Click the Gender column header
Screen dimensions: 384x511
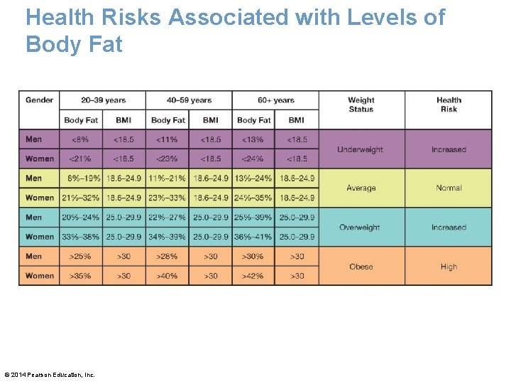coord(39,100)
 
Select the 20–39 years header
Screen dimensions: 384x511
coord(103,100)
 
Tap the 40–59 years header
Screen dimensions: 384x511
coord(189,100)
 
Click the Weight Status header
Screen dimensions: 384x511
coord(361,105)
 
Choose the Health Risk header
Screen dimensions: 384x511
coord(449,105)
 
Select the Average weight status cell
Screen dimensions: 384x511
coord(361,188)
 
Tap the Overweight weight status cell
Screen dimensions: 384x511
coord(361,228)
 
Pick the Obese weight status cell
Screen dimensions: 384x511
coord(361,267)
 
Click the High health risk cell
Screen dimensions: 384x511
coord(449,267)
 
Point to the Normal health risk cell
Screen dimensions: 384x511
coord(449,188)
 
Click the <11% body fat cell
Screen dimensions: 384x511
coord(167,139)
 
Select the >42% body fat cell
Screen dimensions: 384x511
coord(253,276)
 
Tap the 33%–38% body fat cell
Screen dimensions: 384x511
coord(81,237)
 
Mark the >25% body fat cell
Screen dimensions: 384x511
coord(81,257)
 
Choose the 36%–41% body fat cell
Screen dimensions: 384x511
coord(253,237)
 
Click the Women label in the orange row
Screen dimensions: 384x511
coord(40,276)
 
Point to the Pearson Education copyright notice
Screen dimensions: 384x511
coord(50,375)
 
